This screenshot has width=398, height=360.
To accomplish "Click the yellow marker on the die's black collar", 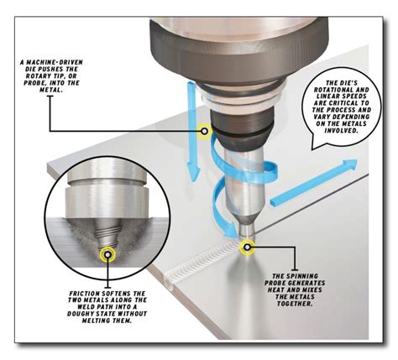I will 203,132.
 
